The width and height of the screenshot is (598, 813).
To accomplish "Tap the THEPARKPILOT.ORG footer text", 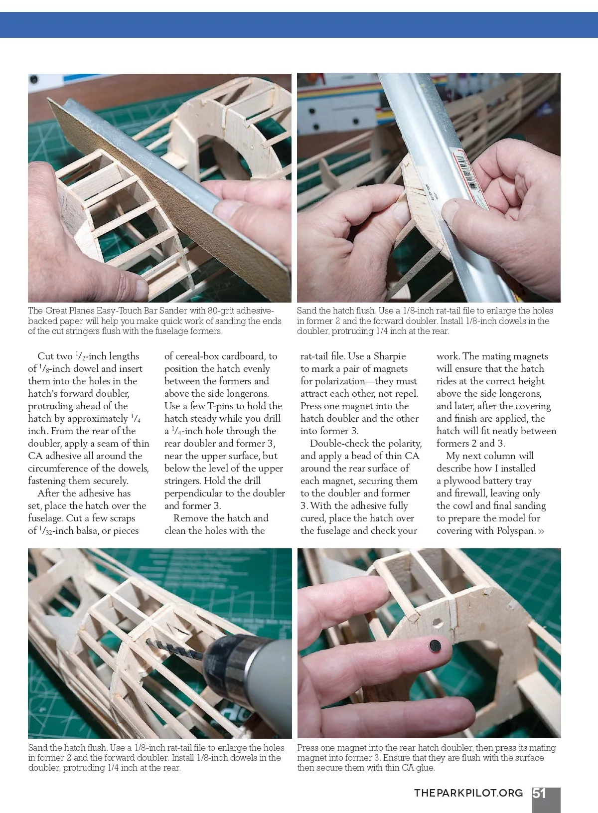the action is [x=468, y=793].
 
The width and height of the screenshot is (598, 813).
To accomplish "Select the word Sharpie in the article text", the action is [x=390, y=356].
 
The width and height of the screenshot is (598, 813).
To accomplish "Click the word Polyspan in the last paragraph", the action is [x=516, y=531].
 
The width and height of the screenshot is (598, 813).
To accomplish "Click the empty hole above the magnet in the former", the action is [x=438, y=623].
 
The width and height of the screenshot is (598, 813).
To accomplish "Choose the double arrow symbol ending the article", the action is [x=541, y=531].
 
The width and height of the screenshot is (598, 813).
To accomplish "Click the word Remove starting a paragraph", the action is [x=190, y=518].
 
